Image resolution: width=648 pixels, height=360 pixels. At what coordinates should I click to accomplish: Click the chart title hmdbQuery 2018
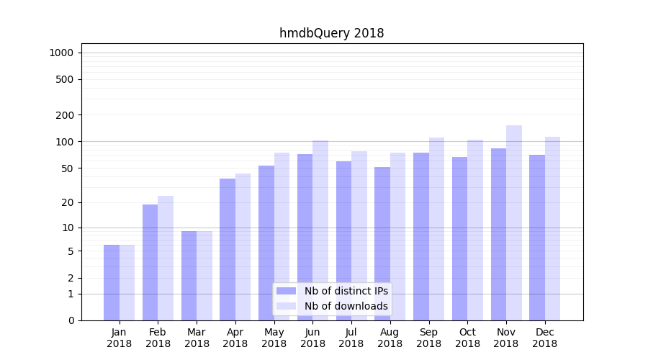tap(331, 33)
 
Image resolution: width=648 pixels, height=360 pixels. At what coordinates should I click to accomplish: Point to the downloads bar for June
tap(320, 230)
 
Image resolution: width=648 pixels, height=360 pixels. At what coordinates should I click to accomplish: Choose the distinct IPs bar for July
tap(343, 240)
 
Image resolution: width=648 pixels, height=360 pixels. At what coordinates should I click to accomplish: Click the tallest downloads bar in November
tap(514, 222)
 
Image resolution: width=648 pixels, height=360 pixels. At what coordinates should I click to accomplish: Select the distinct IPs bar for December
tap(537, 238)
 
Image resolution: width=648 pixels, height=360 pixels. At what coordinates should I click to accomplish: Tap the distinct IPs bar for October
tap(459, 238)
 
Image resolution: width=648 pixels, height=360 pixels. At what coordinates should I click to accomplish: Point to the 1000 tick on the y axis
tap(61, 53)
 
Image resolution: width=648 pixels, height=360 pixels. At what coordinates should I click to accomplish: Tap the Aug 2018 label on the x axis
tap(390, 338)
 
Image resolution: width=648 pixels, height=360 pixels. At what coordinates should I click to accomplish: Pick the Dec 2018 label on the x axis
tap(544, 338)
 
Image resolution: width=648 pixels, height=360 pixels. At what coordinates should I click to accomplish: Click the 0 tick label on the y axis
tap(71, 320)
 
